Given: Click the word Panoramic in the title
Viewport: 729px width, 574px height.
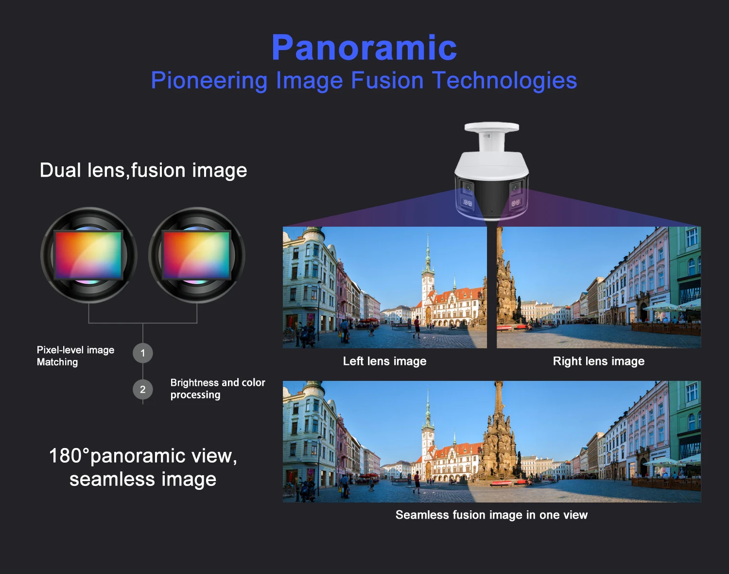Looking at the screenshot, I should [364, 48].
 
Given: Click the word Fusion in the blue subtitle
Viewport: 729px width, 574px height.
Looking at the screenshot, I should [387, 81].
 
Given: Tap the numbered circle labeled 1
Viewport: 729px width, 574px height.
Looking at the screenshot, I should [142, 353].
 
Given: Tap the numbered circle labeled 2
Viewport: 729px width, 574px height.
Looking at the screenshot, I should [142, 389].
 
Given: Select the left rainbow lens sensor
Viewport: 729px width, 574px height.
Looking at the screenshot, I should [88, 255].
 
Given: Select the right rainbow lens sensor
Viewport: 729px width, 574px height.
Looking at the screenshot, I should [196, 255].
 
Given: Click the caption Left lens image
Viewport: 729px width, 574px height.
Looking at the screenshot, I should [384, 361].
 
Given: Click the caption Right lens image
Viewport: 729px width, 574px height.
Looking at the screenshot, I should [598, 361].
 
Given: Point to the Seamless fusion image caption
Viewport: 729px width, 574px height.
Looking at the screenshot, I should [491, 515].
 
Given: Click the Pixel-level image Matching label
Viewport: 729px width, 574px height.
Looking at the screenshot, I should [75, 356].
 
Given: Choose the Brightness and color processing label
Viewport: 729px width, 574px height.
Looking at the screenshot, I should [217, 388].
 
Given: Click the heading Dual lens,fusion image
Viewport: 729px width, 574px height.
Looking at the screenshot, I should [143, 170].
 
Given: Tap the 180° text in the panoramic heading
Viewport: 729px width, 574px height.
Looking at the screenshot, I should [69, 456].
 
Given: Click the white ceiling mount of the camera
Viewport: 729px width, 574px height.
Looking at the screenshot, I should [491, 128].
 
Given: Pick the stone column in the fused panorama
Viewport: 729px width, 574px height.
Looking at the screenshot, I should [499, 438].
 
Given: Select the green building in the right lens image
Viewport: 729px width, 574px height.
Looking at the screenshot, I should [685, 272].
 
